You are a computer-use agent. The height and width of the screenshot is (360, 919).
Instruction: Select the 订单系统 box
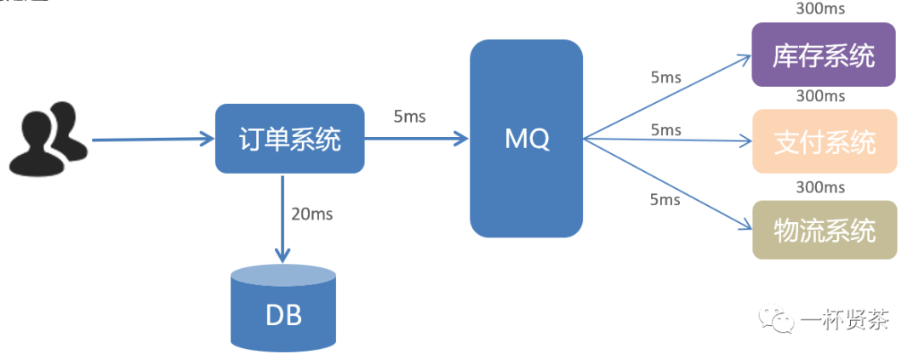pyautogui.click(x=289, y=139)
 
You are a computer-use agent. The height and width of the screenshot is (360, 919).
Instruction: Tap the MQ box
pyautogui.click(x=527, y=139)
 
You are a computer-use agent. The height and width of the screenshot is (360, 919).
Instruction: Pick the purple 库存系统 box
pyautogui.click(x=824, y=55)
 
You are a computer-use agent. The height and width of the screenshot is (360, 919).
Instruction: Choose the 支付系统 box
pyautogui.click(x=824, y=141)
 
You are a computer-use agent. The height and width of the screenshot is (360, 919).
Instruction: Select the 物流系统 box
pyautogui.click(x=824, y=230)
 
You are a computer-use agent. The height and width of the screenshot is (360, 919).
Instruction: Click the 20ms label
pyautogui.click(x=311, y=214)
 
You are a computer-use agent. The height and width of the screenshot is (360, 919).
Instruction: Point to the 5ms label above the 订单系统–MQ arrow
pyautogui.click(x=409, y=116)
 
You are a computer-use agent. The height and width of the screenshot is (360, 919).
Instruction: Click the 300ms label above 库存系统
pyautogui.click(x=820, y=9)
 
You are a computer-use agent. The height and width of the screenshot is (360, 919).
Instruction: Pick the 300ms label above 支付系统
pyautogui.click(x=820, y=96)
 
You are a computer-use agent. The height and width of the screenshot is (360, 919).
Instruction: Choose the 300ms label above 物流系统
pyautogui.click(x=820, y=186)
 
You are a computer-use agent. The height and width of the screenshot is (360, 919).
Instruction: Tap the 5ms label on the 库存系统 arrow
pyautogui.click(x=665, y=77)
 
